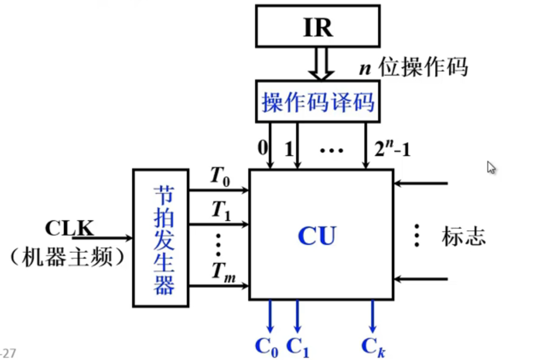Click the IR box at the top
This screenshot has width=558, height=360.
coord(318,27)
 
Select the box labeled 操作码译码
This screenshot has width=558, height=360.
coord(318,102)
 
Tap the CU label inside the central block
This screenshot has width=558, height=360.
coord(317,235)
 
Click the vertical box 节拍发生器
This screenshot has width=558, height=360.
coord(161,238)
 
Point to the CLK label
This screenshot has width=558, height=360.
coord(69,228)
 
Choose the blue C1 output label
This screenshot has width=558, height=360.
coord(298,346)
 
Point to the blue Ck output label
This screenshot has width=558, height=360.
coord(373,346)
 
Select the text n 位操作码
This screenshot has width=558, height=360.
coord(413,67)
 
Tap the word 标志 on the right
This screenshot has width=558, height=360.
coord(463,236)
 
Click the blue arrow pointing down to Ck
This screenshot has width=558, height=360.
coord(372,317)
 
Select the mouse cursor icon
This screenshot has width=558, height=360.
coord(491,167)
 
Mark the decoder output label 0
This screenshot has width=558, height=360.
coord(262,149)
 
